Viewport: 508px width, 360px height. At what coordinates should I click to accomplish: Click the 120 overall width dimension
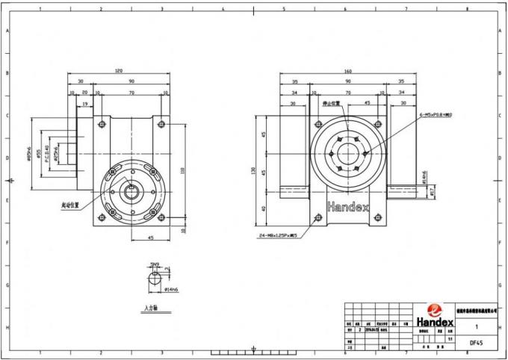pyautogui.click(x=119, y=70)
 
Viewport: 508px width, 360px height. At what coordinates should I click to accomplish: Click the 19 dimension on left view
pyautogui.click(x=85, y=104)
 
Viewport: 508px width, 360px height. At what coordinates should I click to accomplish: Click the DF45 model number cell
pyautogui.click(x=475, y=343)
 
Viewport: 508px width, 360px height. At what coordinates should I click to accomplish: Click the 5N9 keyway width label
pyautogui.click(x=155, y=264)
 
